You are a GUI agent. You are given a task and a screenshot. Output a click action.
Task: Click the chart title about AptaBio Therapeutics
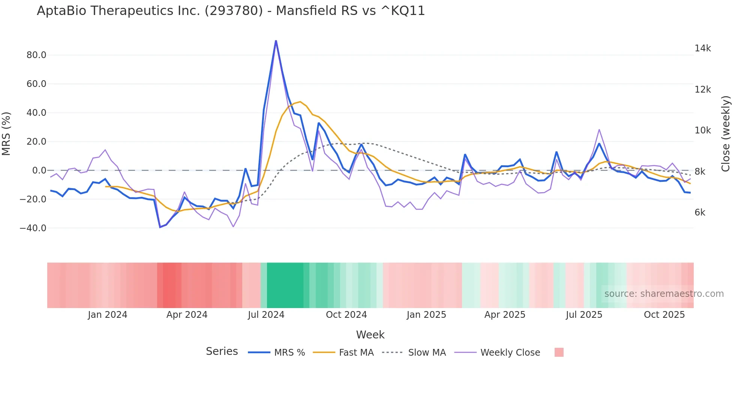pos(231,11)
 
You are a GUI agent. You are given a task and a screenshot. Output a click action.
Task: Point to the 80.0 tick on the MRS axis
pos(36,55)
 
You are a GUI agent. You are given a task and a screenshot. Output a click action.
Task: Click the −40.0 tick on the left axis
pos(33,228)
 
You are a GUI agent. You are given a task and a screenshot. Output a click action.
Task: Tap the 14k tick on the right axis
pos(702,48)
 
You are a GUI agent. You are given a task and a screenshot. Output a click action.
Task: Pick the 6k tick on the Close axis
pos(700,212)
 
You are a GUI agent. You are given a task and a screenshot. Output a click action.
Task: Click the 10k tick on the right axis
pos(702,130)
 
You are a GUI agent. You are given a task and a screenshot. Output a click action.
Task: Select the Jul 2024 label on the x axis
pos(266,315)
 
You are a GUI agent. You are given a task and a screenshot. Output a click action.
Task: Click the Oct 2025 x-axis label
pos(664,315)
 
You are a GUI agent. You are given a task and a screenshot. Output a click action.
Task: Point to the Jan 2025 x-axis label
pos(426,315)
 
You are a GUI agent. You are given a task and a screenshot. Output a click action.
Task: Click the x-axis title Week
pos(370,335)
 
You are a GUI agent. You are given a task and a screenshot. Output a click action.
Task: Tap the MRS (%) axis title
pos(6,133)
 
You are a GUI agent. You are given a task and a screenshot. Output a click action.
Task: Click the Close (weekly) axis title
pos(726,133)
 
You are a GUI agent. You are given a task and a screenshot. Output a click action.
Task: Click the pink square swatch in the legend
pos(559,352)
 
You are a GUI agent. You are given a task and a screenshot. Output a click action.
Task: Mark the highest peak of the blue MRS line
pos(276,41)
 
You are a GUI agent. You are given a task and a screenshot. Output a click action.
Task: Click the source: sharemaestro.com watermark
pos(664,294)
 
